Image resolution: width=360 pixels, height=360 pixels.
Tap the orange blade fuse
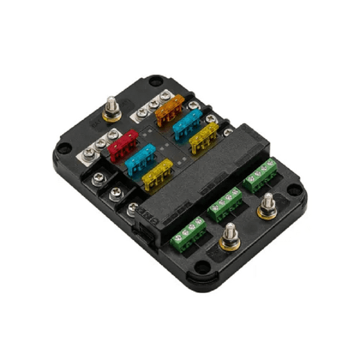(169, 109)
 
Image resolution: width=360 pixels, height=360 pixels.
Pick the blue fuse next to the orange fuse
(187, 124)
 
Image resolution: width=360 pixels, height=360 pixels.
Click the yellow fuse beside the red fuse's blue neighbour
(157, 174)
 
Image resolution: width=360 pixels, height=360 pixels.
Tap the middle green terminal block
(225, 204)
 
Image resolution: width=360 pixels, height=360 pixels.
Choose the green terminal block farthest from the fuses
(188, 233)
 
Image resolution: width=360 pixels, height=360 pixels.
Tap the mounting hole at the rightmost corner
(295, 191)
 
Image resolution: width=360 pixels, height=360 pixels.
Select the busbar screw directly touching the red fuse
(114, 134)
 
